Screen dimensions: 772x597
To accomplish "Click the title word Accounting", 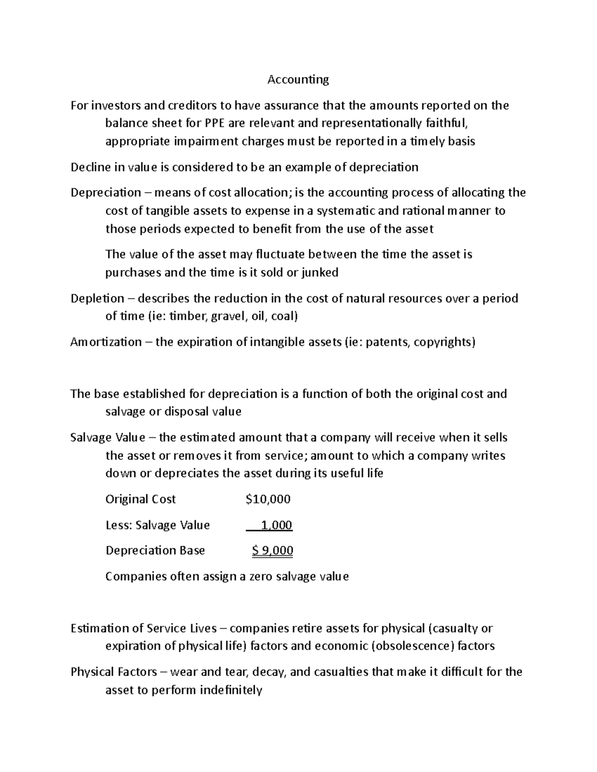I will click(x=298, y=80).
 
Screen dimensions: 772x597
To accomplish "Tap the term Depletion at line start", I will click(x=98, y=298).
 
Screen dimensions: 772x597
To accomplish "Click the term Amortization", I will click(x=106, y=342).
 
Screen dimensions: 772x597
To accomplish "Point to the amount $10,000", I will click(x=268, y=499).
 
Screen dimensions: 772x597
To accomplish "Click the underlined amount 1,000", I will click(x=277, y=525).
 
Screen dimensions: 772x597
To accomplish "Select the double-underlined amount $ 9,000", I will click(x=272, y=551).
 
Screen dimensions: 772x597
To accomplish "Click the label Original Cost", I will click(x=140, y=499).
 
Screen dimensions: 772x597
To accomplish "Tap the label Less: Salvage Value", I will click(x=157, y=525).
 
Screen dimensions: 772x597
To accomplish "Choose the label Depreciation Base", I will click(x=155, y=551).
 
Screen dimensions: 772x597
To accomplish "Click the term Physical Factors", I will click(x=113, y=672).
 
